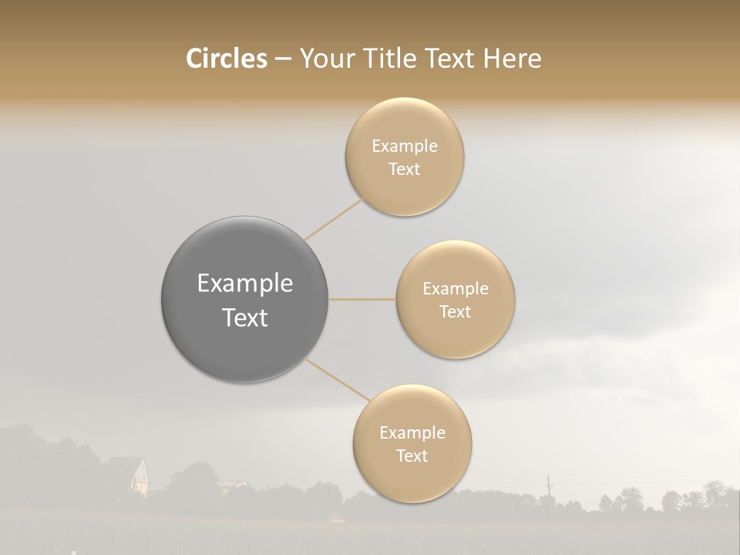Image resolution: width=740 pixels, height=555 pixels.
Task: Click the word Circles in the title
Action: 227,59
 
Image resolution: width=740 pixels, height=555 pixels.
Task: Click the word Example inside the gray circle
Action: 245,284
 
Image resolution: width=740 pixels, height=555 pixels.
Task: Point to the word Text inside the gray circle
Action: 245,318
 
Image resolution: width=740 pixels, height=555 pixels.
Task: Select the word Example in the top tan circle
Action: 405,146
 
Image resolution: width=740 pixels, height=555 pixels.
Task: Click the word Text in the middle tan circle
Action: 456,312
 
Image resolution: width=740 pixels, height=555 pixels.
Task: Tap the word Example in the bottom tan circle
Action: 412,433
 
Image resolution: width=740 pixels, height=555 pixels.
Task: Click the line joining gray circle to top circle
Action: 333,218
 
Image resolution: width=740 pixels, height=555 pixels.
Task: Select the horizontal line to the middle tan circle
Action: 362,299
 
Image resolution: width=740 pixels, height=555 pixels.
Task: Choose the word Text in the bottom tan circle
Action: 412,456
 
